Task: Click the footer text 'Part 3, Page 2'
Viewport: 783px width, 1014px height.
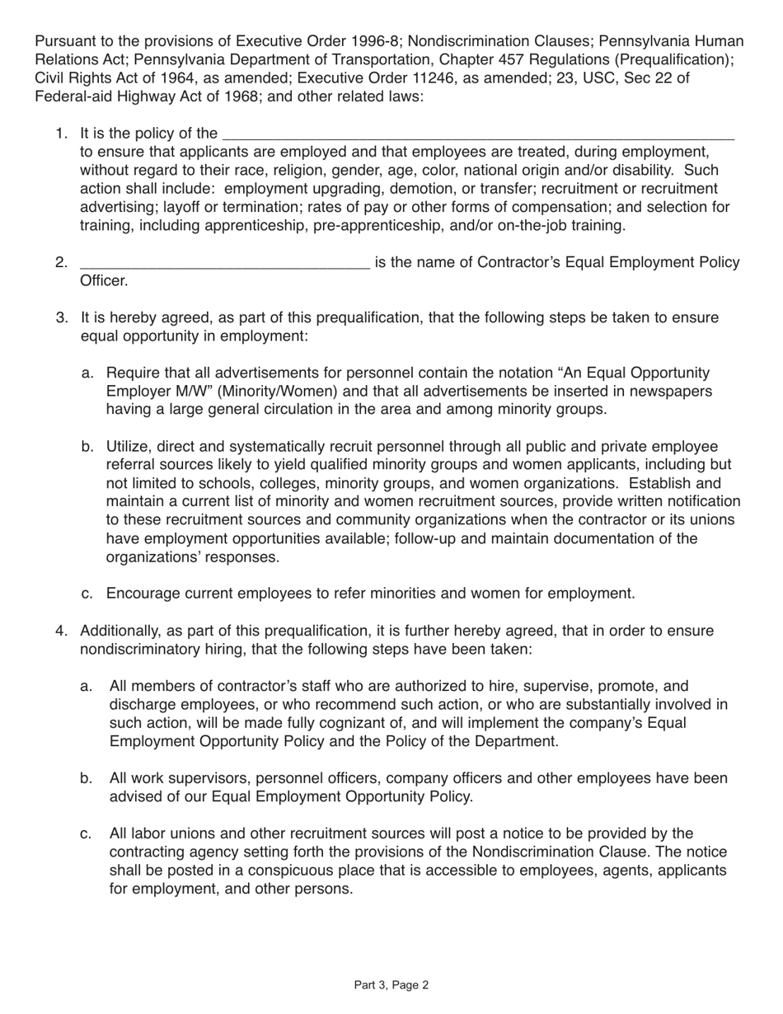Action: tap(391, 984)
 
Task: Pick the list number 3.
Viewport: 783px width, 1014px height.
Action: tap(62, 318)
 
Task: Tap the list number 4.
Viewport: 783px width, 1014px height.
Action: tap(61, 631)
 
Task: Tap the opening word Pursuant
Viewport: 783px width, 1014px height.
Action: tap(64, 42)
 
